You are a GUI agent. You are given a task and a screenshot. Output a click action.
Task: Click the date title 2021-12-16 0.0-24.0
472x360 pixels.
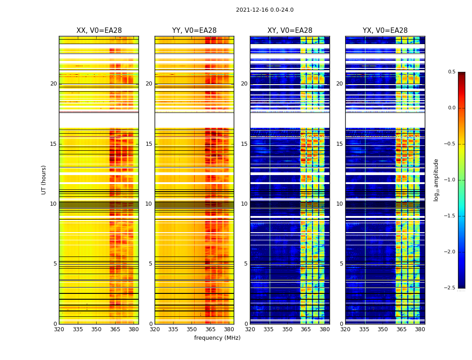[x=264, y=10]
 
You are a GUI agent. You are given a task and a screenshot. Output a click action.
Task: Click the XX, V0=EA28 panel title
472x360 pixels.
[x=99, y=31]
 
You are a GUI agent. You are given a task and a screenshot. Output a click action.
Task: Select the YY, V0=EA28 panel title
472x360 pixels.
[x=194, y=31]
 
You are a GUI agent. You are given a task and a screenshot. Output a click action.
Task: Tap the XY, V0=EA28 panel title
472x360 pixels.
[x=289, y=31]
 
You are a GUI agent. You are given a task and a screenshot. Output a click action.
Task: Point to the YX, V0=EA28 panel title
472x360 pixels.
[x=385, y=31]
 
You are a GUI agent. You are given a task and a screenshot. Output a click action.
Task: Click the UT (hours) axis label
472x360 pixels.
[x=44, y=180]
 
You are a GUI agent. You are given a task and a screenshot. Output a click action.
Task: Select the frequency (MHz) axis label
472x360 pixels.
[x=217, y=338]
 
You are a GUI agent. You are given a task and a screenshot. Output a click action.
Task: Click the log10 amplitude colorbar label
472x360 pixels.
[x=436, y=180]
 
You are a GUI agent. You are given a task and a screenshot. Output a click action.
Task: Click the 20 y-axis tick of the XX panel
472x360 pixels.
[x=53, y=84]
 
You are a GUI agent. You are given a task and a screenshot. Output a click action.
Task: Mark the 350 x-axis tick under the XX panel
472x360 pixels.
[x=96, y=329]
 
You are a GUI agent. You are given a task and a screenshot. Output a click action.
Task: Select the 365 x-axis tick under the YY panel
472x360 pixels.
[x=210, y=329]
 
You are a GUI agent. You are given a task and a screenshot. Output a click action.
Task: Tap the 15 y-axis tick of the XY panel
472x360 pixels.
[x=245, y=144]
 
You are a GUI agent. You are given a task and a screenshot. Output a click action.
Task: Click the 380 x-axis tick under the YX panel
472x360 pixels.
[x=420, y=329]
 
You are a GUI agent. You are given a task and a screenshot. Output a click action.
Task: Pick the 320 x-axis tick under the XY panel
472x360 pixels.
[x=250, y=329]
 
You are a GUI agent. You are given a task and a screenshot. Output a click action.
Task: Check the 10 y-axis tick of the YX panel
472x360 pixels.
[x=340, y=204]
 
